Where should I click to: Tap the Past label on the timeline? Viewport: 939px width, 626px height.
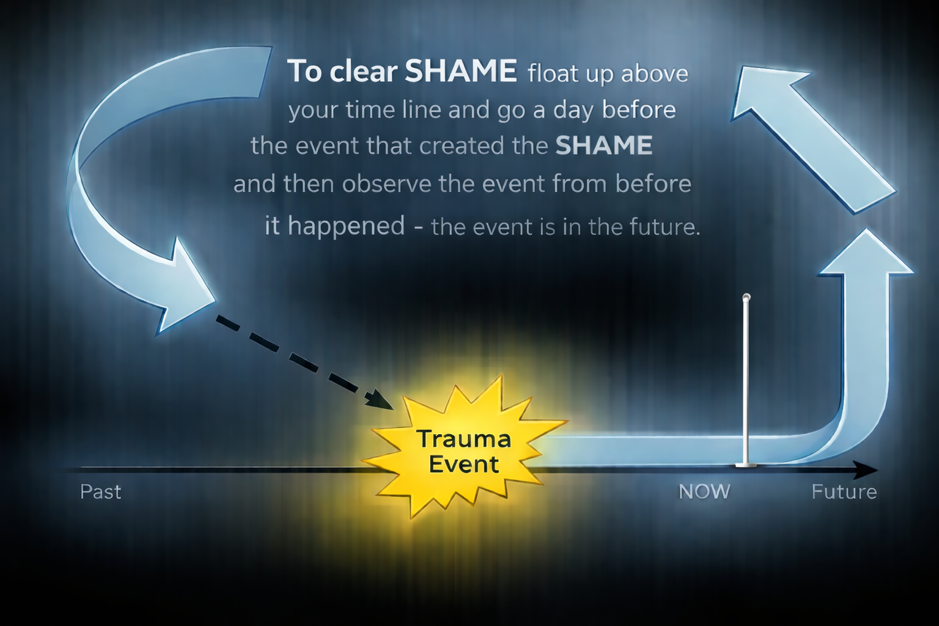point(101,492)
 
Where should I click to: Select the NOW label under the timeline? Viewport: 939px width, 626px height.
point(704,492)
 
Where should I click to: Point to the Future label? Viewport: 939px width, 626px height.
point(844,492)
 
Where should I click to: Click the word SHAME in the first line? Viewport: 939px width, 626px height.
point(461,72)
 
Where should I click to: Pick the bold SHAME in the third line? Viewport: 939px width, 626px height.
point(604,145)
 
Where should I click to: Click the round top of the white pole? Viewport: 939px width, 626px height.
point(746,298)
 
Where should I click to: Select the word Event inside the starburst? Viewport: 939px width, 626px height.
point(464,464)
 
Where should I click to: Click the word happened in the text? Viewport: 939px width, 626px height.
point(347,226)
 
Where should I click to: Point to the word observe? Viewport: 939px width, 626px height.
point(386,183)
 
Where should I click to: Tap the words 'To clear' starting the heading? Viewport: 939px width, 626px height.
point(342,72)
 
